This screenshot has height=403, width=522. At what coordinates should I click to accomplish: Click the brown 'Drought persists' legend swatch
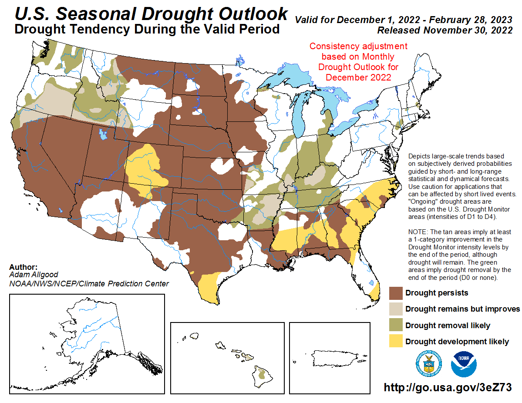coord(395,293)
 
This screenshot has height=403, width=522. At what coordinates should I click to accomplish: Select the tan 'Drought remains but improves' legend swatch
coord(395,309)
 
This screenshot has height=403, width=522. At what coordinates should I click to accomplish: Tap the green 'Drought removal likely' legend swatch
coord(395,325)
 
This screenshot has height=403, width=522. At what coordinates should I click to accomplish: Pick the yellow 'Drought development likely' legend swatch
coord(395,342)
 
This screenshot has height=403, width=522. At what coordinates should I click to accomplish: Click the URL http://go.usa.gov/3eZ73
coord(447,387)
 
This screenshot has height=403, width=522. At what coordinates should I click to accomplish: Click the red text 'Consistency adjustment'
coord(358,47)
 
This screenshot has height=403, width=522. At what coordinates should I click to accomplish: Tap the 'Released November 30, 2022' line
coord(445,30)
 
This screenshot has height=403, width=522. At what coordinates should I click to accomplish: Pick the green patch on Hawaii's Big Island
coord(262,373)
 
